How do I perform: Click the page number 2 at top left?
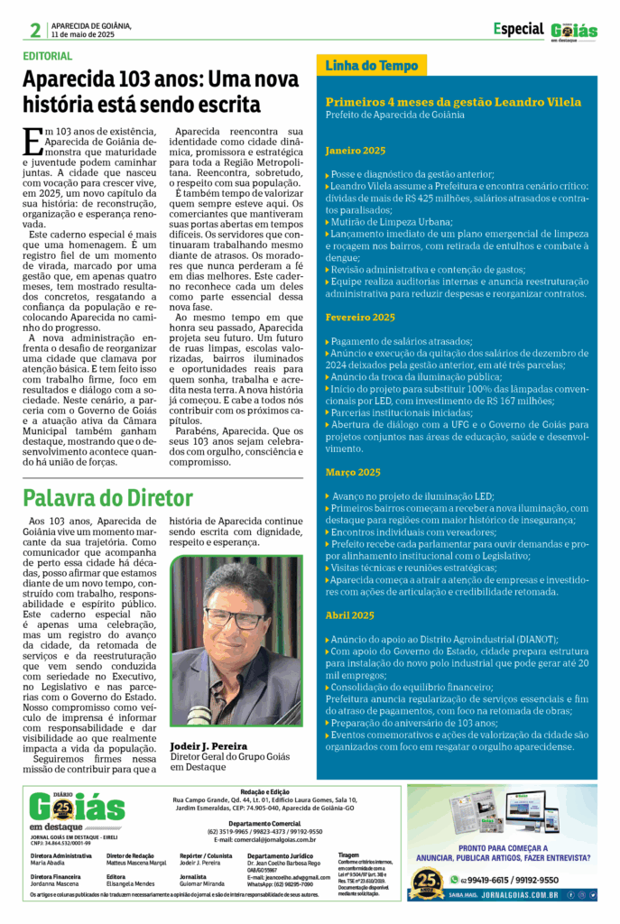tap(34, 30)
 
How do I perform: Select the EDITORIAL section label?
tap(48, 56)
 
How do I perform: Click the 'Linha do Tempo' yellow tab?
tap(371, 66)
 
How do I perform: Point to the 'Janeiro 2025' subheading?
tap(355, 150)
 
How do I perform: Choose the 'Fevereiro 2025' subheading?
tap(360, 317)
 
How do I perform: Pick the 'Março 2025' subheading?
tap(353, 472)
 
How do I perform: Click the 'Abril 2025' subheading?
tap(349, 614)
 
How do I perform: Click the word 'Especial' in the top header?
tap(518, 29)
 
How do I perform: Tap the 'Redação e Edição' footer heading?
tap(270, 791)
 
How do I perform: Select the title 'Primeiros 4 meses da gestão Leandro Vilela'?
tap(453, 102)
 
